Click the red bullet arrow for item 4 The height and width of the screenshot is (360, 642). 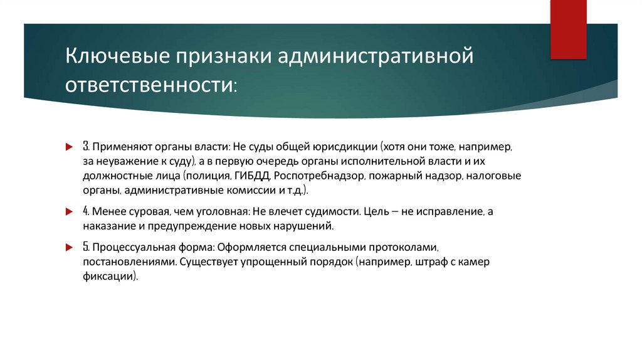[x=70, y=212]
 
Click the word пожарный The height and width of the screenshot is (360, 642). [x=398, y=177]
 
